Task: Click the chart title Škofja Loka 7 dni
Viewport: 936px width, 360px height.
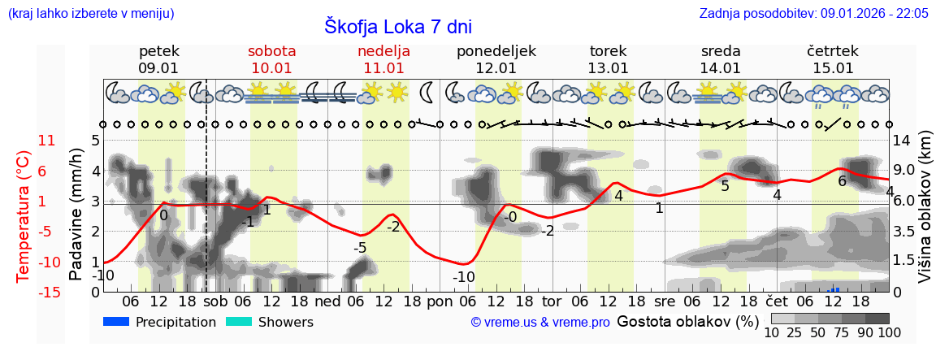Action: pos(397,26)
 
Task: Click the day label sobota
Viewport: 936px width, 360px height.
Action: pos(271,51)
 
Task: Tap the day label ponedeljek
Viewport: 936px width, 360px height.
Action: pos(496,51)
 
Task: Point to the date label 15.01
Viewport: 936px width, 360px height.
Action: pos(833,68)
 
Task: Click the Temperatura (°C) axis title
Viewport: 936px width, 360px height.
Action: pos(24,216)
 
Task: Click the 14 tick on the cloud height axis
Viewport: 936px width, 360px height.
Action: pos(902,141)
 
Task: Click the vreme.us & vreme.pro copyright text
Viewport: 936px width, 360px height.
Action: pos(540,323)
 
